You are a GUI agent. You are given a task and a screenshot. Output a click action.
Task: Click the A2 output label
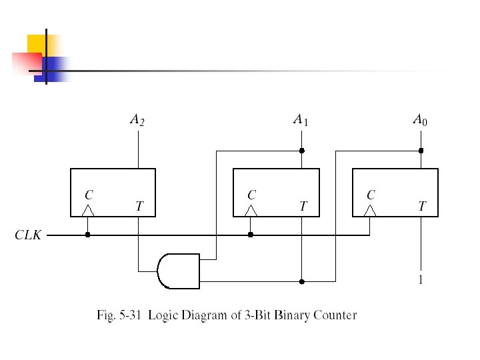tap(137, 121)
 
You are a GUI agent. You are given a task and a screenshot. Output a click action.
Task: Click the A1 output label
tap(301, 120)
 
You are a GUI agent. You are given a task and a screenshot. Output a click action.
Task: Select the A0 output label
tap(420, 120)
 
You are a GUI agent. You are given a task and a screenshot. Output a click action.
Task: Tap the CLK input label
tap(28, 235)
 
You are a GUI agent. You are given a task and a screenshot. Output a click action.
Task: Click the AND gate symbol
tap(179, 271)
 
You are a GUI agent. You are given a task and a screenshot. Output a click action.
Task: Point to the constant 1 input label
tap(420, 281)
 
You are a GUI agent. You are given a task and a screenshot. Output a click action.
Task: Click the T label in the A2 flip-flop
tap(139, 207)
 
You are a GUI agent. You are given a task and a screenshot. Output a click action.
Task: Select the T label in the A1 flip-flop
tap(303, 207)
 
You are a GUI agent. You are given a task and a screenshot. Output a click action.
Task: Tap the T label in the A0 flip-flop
tap(422, 207)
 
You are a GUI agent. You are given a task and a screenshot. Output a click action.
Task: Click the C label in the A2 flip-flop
tap(88, 195)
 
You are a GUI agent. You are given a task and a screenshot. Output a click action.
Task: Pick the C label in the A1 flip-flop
tap(251, 195)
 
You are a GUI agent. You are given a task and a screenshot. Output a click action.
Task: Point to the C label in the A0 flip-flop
tap(371, 195)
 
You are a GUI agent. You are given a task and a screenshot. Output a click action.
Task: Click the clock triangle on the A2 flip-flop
tap(87, 211)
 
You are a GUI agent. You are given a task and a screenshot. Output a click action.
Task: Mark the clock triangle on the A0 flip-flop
tap(370, 211)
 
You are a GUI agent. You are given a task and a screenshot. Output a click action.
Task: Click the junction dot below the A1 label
tap(301, 151)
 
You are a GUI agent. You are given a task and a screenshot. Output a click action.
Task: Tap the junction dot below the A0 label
tap(421, 151)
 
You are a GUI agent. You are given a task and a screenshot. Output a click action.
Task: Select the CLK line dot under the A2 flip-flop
tap(87, 235)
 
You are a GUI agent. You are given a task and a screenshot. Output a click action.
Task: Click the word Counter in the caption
tap(335, 315)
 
